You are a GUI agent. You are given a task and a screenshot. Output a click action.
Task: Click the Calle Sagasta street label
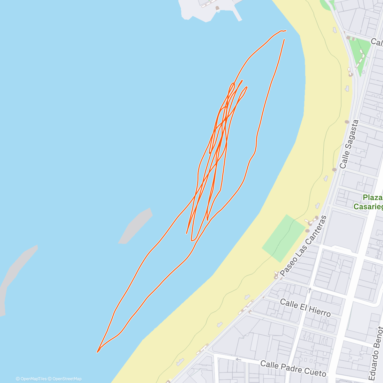[349, 144]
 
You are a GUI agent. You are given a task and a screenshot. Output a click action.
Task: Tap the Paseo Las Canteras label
[304, 246]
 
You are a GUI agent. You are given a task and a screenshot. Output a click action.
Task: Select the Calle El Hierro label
[305, 308]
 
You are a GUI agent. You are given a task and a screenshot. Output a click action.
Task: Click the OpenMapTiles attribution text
[31, 379]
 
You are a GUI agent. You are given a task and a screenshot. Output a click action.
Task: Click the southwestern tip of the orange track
[98, 352]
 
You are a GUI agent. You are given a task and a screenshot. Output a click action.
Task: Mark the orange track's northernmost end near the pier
[285, 31]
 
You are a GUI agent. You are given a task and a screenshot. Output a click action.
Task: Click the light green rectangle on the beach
[283, 238]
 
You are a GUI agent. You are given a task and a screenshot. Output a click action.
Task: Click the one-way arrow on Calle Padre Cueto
[238, 359]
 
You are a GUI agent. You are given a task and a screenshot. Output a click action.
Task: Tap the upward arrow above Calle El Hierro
[309, 290]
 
